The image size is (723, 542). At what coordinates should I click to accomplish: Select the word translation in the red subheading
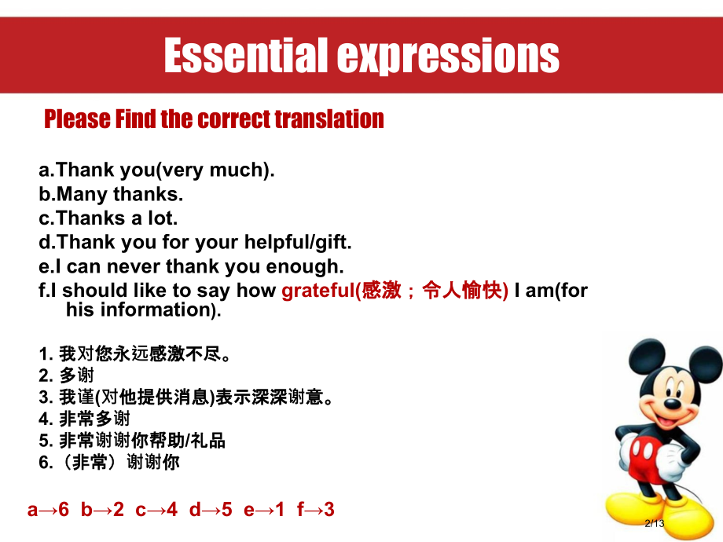329,119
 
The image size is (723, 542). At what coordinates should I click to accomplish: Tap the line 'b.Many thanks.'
111,193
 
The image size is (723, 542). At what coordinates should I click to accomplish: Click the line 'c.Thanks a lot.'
108,218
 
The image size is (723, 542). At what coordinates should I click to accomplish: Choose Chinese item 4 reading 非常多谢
84,419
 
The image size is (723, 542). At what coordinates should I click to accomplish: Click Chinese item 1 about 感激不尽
134,353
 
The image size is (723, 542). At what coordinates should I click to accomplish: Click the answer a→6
48,510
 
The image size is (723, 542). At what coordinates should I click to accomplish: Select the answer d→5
211,510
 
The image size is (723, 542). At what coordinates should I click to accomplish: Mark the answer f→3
315,510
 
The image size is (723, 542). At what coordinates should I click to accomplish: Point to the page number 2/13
654,524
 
